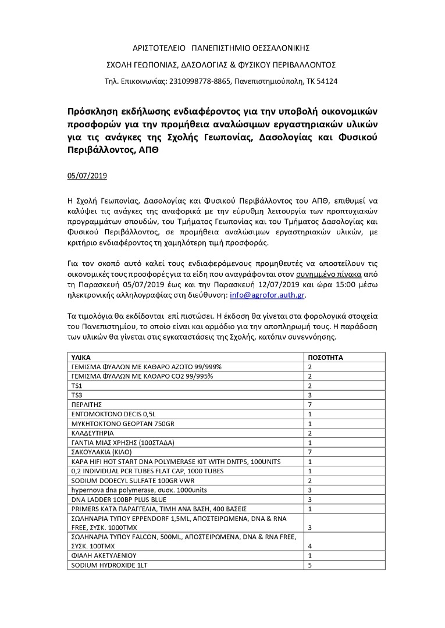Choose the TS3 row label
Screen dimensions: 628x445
(x=76, y=395)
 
